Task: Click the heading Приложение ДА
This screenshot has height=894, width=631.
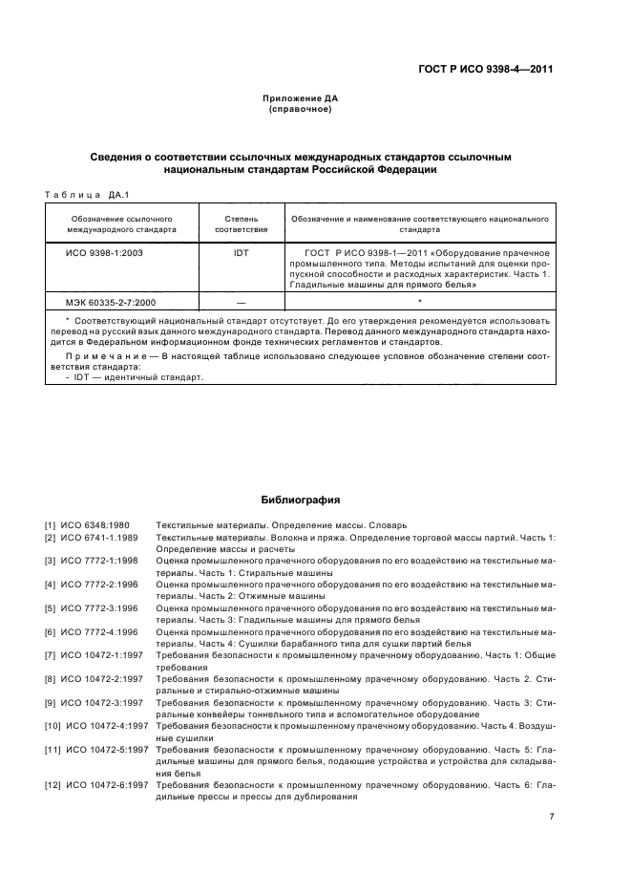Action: pyautogui.click(x=301, y=99)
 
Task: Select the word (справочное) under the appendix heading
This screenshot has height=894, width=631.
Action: pyautogui.click(x=301, y=110)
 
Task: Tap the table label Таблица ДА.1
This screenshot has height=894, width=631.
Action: pyautogui.click(x=87, y=195)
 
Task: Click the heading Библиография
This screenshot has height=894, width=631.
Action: pyautogui.click(x=301, y=500)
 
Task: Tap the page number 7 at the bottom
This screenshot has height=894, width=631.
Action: pyautogui.click(x=552, y=816)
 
